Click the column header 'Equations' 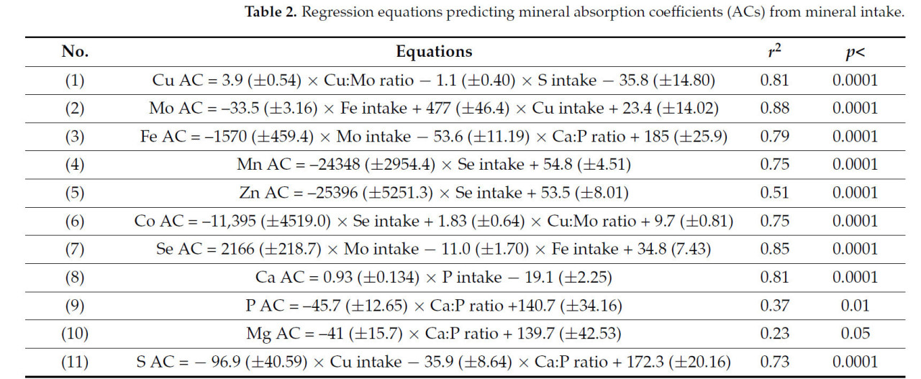coord(434,52)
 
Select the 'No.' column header coord(75,52)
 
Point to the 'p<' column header coord(855,52)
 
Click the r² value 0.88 coord(774,109)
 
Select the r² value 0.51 coord(774,193)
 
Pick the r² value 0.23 coord(774,334)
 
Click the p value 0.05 coord(855,334)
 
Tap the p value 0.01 coord(855,306)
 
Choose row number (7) coord(75,250)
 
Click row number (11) coord(75,362)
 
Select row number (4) coord(75,165)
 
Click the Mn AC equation coord(434,165)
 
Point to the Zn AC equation coord(434,193)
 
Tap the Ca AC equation coord(434,278)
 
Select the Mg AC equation coord(434,334)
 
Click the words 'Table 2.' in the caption coord(271,12)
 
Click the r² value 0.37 coord(774,306)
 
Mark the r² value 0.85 coord(774,250)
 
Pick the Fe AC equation coord(434,137)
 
